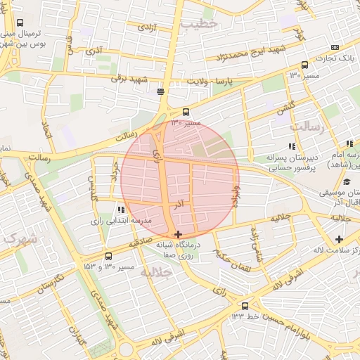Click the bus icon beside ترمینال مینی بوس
click(x=19, y=22)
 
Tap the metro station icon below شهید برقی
click(x=161, y=91)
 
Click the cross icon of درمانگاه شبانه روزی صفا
click(x=178, y=234)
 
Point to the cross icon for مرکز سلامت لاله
click(x=339, y=240)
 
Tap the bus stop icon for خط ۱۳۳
click(x=245, y=306)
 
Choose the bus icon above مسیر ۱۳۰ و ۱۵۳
click(x=108, y=256)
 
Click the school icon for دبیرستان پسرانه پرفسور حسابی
click(x=292, y=146)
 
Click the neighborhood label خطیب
click(x=200, y=24)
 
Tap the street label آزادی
click(x=146, y=27)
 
